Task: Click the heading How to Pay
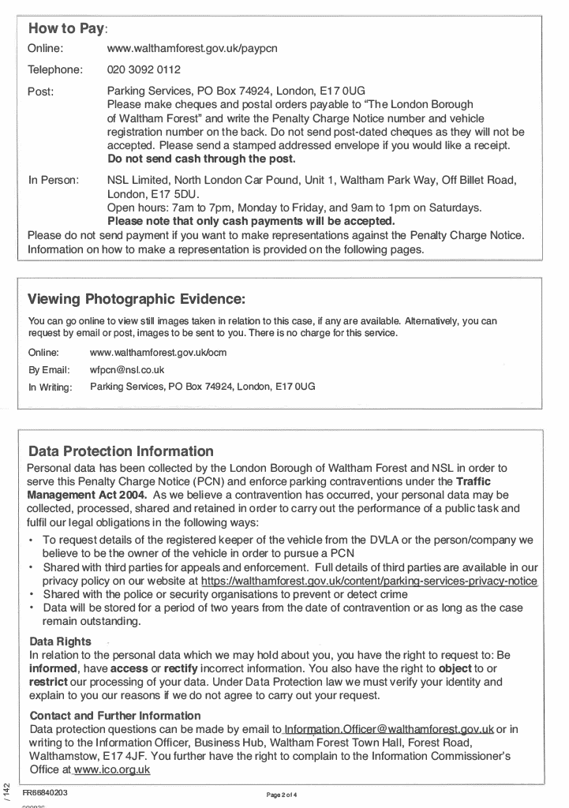click(x=66, y=28)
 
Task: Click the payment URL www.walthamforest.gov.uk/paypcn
click(x=192, y=49)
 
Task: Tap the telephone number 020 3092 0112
click(x=144, y=69)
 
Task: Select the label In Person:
click(x=54, y=180)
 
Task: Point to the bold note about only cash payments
click(x=250, y=221)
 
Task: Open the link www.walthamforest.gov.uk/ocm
click(x=158, y=353)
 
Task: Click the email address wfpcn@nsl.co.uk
click(x=127, y=369)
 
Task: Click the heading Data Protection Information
click(x=121, y=452)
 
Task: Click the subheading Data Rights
click(x=60, y=642)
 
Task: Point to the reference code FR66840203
click(x=45, y=793)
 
